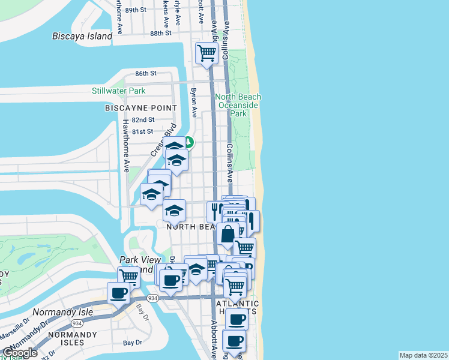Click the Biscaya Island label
(x=82, y=36)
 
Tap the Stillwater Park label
(x=119, y=91)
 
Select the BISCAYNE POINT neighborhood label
(x=141, y=108)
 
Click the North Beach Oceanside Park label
(x=238, y=105)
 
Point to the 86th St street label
(x=145, y=73)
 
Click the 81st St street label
(x=143, y=131)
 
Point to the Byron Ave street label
(x=194, y=103)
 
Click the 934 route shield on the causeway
(x=152, y=298)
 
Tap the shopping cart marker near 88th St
(x=206, y=53)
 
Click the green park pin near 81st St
(x=188, y=142)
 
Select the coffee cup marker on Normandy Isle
(x=118, y=293)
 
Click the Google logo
(x=20, y=353)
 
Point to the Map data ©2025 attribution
(x=423, y=355)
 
